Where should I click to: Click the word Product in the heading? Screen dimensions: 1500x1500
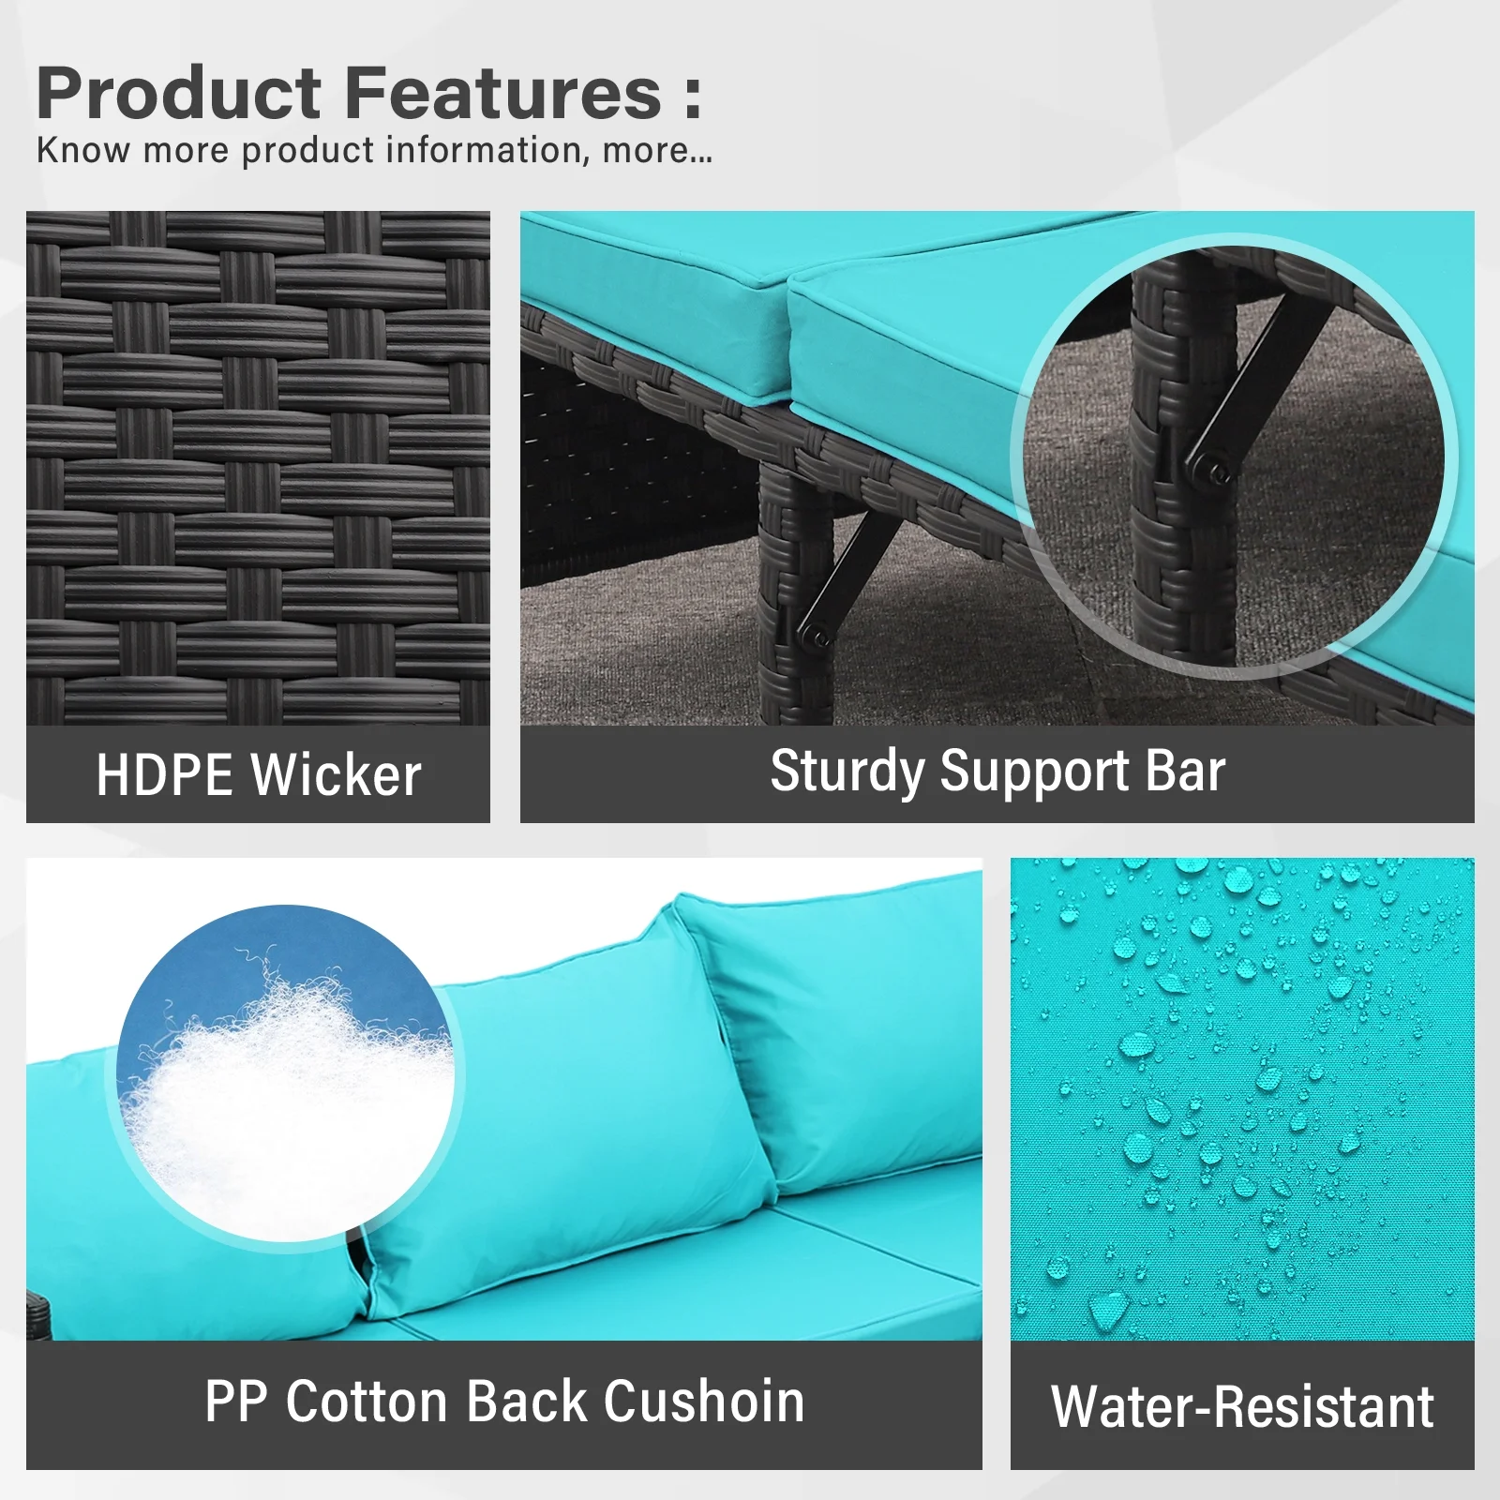click(x=179, y=94)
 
